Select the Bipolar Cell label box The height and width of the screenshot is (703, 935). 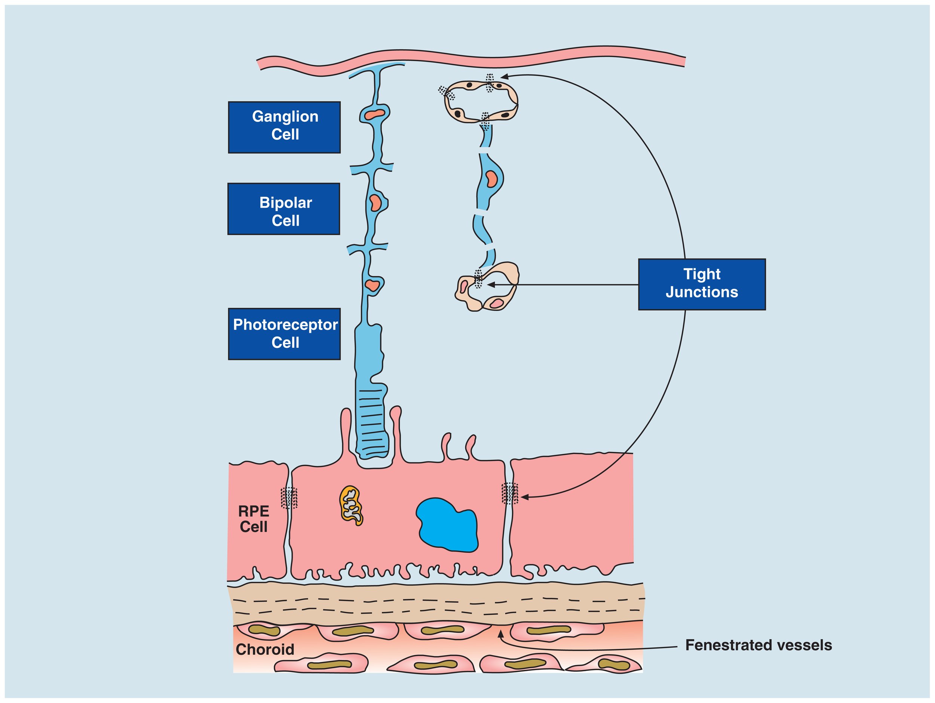coord(284,208)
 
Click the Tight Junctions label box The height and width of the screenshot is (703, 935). coord(702,284)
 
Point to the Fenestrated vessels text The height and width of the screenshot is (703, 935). coord(759,645)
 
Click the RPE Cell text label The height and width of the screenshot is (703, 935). coord(254,519)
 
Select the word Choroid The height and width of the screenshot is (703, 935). coord(265,649)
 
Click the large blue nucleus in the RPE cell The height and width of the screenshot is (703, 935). coord(447,525)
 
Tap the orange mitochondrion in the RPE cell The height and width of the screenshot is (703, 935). coord(351,505)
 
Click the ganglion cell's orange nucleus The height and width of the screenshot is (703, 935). coord(375,114)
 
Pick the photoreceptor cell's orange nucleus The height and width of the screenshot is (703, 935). coord(373,285)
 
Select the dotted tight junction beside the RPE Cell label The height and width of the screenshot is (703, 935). coord(289,498)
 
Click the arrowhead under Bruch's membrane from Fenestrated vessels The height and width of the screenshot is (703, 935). coord(500,633)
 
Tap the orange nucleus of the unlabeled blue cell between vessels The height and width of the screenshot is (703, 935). coord(491,179)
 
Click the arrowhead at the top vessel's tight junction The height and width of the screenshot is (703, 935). coord(504,77)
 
